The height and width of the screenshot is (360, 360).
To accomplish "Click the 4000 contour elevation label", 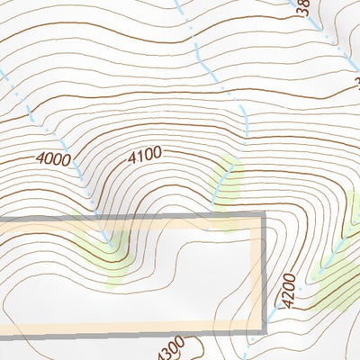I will tap(54, 158).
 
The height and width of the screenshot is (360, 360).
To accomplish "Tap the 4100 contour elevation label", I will tap(144, 154).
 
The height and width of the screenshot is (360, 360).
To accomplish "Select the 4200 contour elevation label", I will tap(287, 291).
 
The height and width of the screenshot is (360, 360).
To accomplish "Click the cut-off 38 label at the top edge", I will tap(303, 7).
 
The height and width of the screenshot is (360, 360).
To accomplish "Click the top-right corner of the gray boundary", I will tap(264, 216).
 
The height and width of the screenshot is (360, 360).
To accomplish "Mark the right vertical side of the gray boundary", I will tap(265, 270).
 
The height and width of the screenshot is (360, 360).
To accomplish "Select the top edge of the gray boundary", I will tap(135, 217).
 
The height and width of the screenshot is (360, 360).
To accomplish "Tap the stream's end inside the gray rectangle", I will tap(111, 241).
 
